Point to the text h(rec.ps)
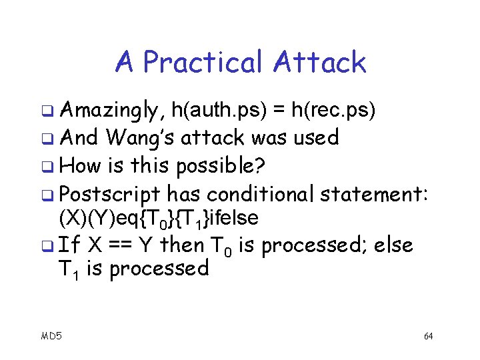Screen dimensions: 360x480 pos(339,110)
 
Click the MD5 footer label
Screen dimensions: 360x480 pos(51,336)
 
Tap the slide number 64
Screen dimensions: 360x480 pos(428,336)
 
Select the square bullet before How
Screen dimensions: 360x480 pos(47,166)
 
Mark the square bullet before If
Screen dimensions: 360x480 pos(47,246)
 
